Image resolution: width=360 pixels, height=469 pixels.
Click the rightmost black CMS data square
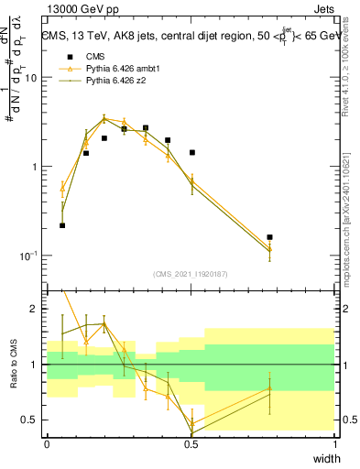[269, 237]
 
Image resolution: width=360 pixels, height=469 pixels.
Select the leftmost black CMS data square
[62, 225]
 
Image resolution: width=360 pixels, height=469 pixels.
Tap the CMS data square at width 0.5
[191, 152]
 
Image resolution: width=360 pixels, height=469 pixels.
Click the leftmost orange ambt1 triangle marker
[62, 189]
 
